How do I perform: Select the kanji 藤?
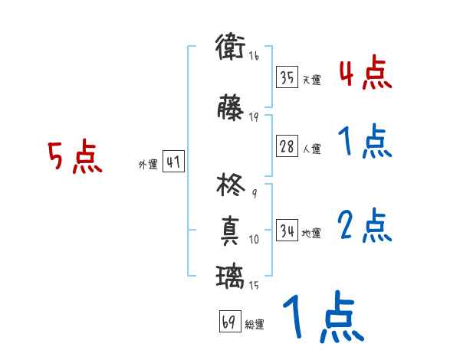coord(230,109)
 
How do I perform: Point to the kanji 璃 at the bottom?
coord(230,276)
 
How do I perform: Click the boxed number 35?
coord(287,78)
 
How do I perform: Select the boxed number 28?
coord(287,147)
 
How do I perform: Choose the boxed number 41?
coord(173,162)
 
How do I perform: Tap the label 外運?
coord(147,165)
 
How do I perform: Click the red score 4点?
coord(365,74)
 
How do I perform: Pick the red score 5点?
coord(74,158)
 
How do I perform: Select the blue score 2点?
coord(365,227)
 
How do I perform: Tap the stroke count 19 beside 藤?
coord(254,116)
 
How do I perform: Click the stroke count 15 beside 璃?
coord(254,286)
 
